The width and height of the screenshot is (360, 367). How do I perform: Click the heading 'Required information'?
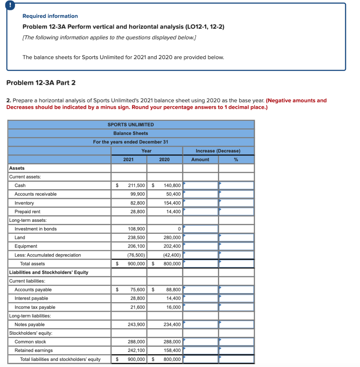pyautogui.click(x=50, y=16)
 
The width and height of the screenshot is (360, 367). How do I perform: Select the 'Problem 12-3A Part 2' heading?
pyautogui.click(x=41, y=83)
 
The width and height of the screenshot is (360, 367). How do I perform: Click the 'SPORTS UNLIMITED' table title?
pyautogui.click(x=131, y=125)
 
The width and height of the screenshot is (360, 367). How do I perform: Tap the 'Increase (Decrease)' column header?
pyautogui.click(x=218, y=151)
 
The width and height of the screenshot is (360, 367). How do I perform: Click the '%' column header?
pyautogui.click(x=236, y=159)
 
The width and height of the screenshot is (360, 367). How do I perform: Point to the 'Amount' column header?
pyautogui.click(x=200, y=159)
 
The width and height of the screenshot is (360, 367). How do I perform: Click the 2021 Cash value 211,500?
pyautogui.click(x=136, y=186)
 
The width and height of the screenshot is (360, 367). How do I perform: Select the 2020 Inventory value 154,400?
pyautogui.click(x=172, y=203)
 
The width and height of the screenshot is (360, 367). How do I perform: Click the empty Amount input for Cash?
pyautogui.click(x=201, y=186)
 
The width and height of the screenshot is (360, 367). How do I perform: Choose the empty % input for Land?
pyautogui.click(x=236, y=238)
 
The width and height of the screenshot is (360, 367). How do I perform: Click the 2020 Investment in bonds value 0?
pyautogui.click(x=178, y=229)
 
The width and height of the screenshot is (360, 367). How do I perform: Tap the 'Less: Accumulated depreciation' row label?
pyautogui.click(x=48, y=255)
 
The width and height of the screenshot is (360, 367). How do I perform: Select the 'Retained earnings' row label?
pyautogui.click(x=33, y=351)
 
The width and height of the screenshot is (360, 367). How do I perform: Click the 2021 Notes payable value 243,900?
pyautogui.click(x=136, y=325)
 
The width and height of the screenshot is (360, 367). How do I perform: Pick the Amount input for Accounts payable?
pyautogui.click(x=201, y=290)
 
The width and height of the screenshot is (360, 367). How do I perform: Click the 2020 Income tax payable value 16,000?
pyautogui.click(x=173, y=307)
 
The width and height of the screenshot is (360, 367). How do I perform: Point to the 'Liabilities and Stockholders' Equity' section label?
pyautogui.click(x=48, y=272)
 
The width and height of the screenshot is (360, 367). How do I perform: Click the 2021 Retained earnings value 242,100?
pyautogui.click(x=136, y=351)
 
